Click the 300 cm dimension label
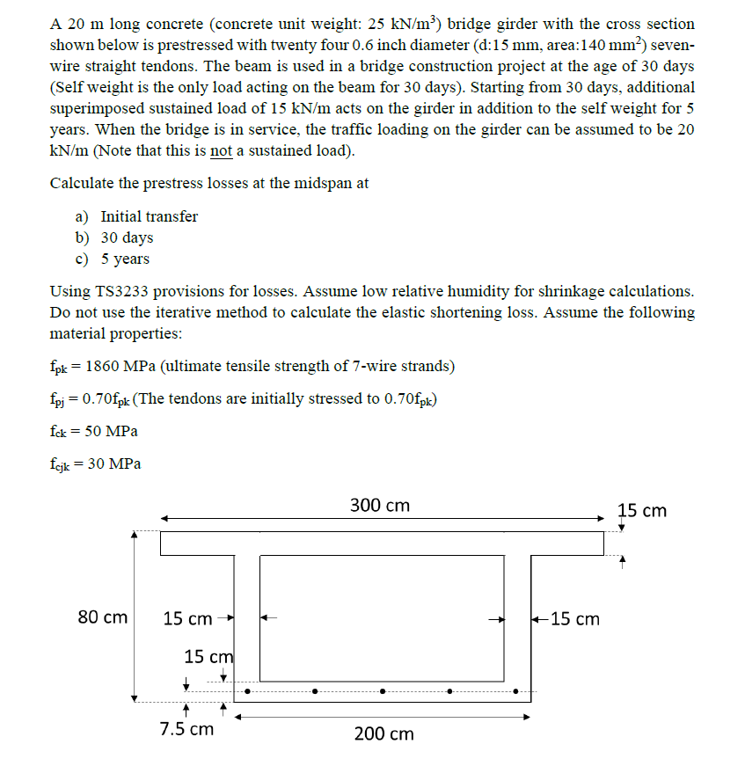[379, 506]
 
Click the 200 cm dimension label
[383, 733]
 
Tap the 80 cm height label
[103, 617]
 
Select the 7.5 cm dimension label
[186, 729]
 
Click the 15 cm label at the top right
[642, 510]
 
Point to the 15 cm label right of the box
[574, 619]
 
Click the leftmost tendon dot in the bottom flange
[248, 691]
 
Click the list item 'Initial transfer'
[149, 216]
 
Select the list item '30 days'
[127, 237]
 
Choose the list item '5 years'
[125, 259]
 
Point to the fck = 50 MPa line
[93, 431]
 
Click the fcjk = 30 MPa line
[96, 463]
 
